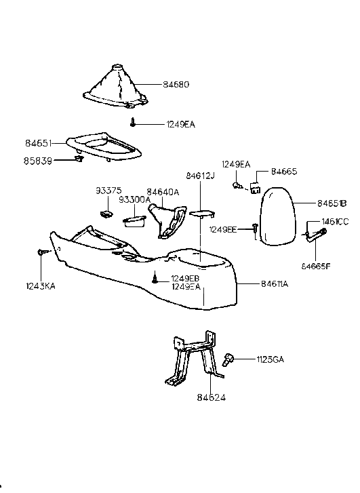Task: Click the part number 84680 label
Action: click(176, 85)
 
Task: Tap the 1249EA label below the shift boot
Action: click(180, 124)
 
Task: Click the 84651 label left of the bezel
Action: click(38, 144)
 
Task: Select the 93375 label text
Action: click(107, 191)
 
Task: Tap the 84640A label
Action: click(163, 192)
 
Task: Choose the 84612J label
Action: click(201, 177)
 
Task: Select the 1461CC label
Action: click(334, 222)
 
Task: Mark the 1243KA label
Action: click(41, 268)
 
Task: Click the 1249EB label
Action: click(185, 279)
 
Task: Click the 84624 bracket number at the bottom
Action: click(212, 397)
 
